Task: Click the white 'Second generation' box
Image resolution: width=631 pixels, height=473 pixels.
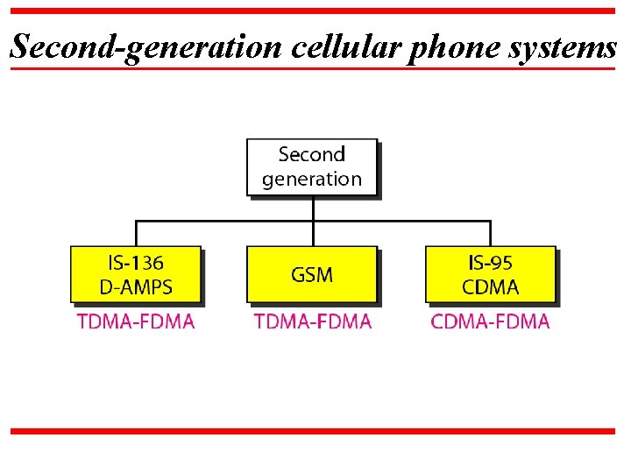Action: click(x=312, y=166)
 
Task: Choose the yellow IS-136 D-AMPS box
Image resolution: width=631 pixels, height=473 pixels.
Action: click(x=136, y=274)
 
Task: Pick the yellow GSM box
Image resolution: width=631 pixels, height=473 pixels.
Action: click(x=312, y=274)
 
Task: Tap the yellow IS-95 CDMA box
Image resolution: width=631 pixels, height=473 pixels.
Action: click(x=490, y=274)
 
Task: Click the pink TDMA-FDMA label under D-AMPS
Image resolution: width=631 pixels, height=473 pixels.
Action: click(x=136, y=321)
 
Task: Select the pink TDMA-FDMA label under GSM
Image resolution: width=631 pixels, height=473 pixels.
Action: click(x=313, y=321)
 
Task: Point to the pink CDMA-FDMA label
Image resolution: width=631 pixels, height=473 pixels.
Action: click(x=490, y=321)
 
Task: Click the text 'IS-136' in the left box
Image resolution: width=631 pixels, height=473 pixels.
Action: click(x=136, y=263)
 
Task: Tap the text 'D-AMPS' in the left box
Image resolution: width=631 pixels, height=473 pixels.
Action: click(x=136, y=286)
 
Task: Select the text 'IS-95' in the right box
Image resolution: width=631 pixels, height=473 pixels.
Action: click(x=490, y=263)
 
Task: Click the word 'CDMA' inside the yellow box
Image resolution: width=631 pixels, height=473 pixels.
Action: click(x=490, y=286)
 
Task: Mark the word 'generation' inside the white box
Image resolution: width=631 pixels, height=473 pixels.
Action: click(x=312, y=180)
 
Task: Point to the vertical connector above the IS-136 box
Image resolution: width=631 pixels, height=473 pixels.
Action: click(x=136, y=233)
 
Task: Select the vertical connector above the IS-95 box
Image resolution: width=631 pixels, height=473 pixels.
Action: click(x=490, y=233)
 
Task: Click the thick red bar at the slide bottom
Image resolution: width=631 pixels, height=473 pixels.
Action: click(x=313, y=431)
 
